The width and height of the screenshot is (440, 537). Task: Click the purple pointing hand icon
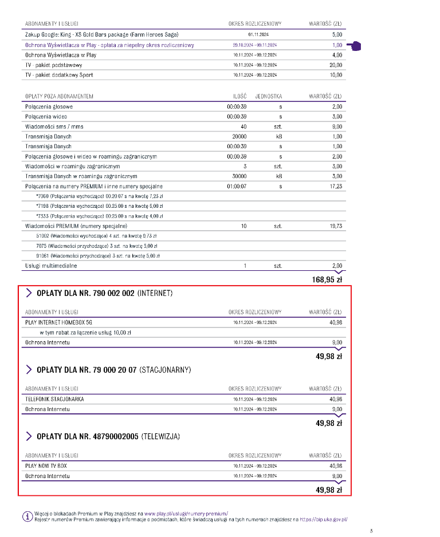coord(358,46)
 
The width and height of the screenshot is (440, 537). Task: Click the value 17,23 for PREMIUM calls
coord(336,186)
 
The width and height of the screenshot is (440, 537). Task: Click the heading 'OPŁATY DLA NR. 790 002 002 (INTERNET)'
coord(104,294)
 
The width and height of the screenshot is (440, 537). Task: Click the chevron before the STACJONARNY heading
coord(29,370)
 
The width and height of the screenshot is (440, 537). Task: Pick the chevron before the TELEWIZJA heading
coord(29,437)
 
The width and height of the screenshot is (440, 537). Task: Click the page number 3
coord(371,531)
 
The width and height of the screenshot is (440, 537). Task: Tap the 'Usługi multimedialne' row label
coord(51,266)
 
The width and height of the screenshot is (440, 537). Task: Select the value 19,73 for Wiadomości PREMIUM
coord(336,226)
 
